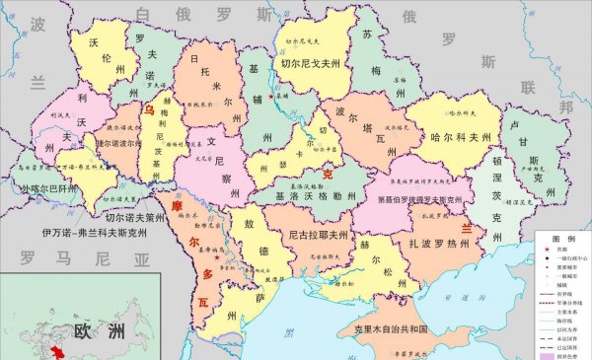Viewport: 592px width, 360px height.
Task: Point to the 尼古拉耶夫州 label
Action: click(319, 236)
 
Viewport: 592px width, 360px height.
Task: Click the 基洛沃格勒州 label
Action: click(306, 196)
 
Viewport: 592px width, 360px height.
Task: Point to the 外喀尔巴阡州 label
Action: click(41, 186)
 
